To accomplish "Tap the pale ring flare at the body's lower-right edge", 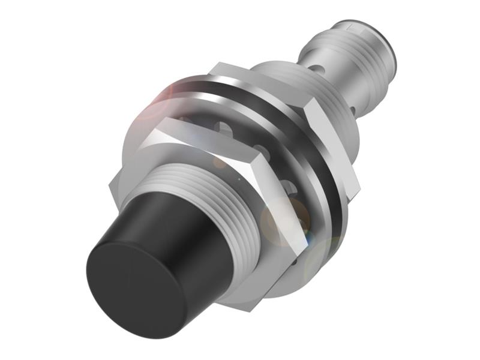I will [321, 258].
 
